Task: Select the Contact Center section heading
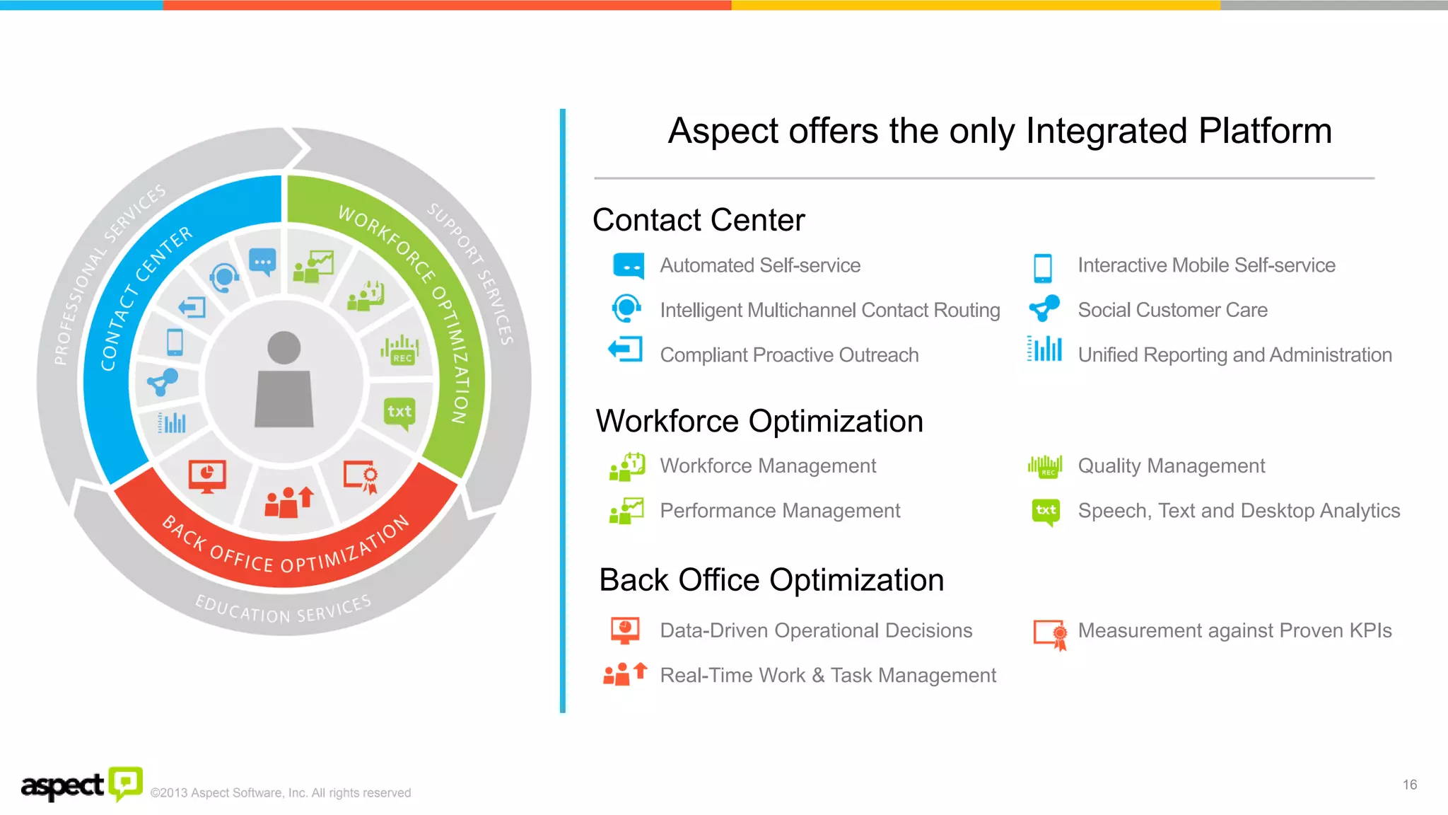pyautogui.click(x=699, y=220)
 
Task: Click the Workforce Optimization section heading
pyautogui.click(x=759, y=422)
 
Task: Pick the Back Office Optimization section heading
pyautogui.click(x=771, y=580)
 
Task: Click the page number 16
pyautogui.click(x=1409, y=785)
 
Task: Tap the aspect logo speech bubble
pyautogui.click(x=126, y=783)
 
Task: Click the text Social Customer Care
pyautogui.click(x=1172, y=310)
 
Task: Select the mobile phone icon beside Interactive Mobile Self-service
pyautogui.click(x=1043, y=267)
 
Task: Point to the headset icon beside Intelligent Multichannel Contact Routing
pyautogui.click(x=626, y=308)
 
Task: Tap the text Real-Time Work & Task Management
pyautogui.click(x=828, y=676)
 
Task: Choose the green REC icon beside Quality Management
pyautogui.click(x=1045, y=467)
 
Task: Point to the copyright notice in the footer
pyautogui.click(x=281, y=793)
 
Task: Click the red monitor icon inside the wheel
pyautogui.click(x=207, y=476)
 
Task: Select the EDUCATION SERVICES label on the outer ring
pyautogui.click(x=283, y=609)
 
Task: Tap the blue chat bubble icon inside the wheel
pyautogui.click(x=262, y=262)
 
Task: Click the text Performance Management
pyautogui.click(x=780, y=511)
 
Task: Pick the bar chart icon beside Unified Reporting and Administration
pyautogui.click(x=1045, y=349)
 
